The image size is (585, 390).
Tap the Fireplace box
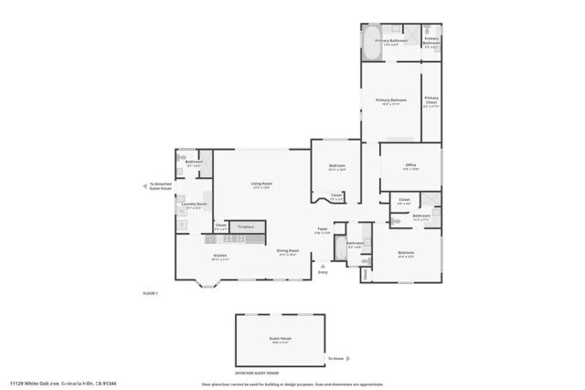tap(245, 226)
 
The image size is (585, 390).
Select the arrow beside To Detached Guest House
tap(145, 185)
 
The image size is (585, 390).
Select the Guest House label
tap(280, 339)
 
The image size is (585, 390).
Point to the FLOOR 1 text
tap(151, 293)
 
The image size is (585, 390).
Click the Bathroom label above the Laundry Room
tap(194, 163)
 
